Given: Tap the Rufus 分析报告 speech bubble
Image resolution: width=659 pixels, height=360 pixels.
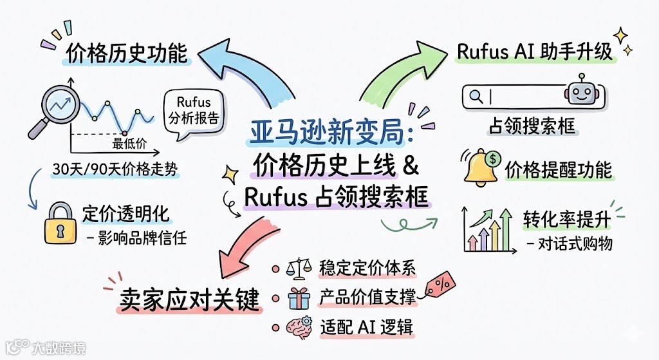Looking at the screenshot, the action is point(192,111).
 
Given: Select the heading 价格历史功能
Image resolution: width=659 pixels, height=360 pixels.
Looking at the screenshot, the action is point(126,53).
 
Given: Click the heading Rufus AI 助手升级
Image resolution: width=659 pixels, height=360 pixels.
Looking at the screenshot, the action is point(535,52).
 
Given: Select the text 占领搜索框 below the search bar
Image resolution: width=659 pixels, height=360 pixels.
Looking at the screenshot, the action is point(531,127).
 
